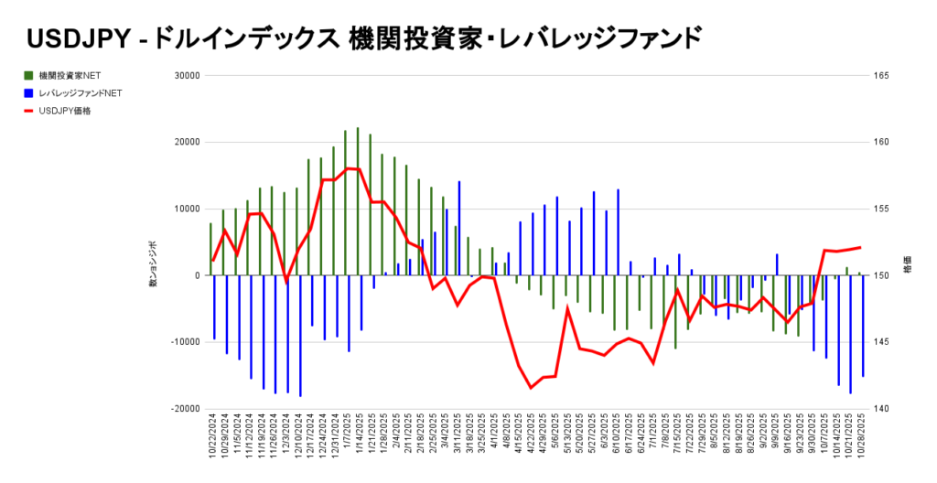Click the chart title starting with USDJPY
pos(366,38)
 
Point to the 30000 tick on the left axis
pos(187,76)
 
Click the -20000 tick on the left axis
pos(186,409)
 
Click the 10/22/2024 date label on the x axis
pos(213,436)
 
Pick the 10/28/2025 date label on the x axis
pos(862,436)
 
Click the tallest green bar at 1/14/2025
pos(358,201)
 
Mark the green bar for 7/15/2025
pos(675,311)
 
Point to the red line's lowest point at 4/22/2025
pos(531,388)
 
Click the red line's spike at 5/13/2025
pos(567,307)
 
